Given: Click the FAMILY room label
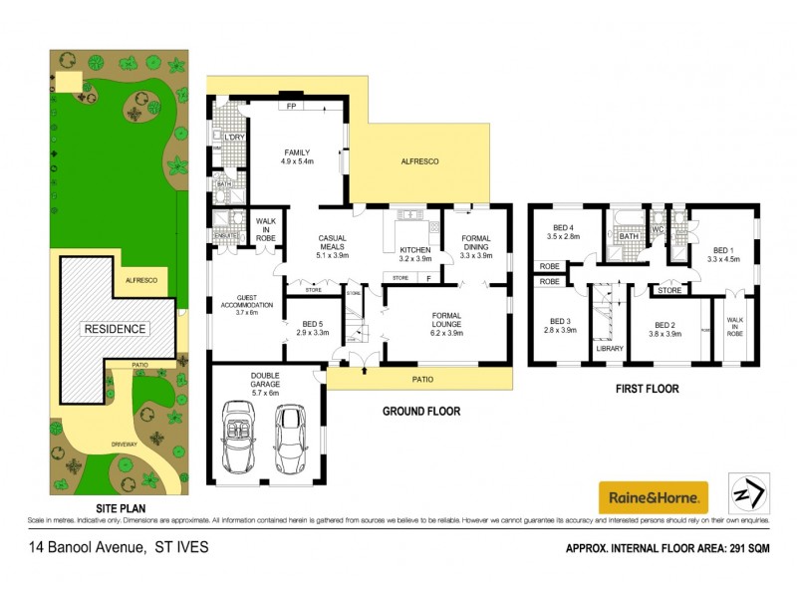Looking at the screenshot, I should pos(296,152).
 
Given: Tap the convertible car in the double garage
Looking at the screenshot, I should pos(238,435).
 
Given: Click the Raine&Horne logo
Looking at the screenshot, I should pos(653,495).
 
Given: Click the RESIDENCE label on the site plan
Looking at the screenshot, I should pos(115,329).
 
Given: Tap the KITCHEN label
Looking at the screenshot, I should pos(413,250).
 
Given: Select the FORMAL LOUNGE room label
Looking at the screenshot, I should pos(444,320).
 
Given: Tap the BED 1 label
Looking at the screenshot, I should pos(722,251).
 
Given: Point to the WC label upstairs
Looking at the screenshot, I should pos(658,229).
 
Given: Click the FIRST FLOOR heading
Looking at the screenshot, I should pos(647,390).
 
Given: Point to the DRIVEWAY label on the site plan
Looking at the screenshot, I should pos(125,444).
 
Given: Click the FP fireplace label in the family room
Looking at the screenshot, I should pos(291,104).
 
